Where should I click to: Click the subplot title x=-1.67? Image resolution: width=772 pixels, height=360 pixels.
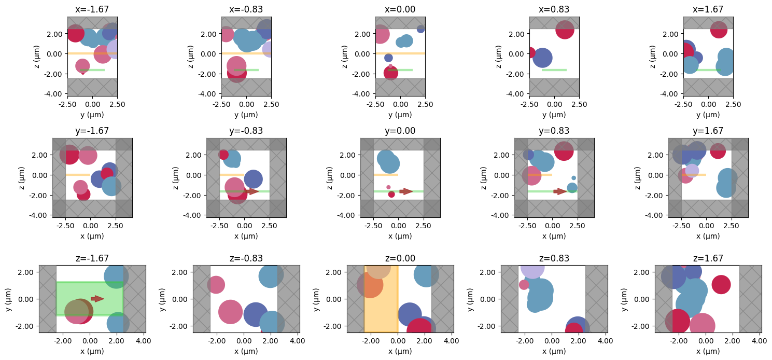pyautogui.click(x=92, y=9)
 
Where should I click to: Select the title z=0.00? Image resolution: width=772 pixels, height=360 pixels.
pyautogui.click(x=400, y=258)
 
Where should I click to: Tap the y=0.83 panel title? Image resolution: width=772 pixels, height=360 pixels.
pyautogui.click(x=554, y=131)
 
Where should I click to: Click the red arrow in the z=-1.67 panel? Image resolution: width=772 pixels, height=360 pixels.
pyautogui.click(x=97, y=298)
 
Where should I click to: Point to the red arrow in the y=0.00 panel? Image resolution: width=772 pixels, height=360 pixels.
pyautogui.click(x=406, y=191)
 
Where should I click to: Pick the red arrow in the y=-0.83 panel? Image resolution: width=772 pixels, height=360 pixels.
pyautogui.click(x=252, y=191)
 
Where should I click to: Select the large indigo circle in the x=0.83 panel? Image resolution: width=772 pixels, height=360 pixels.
pyautogui.click(x=542, y=58)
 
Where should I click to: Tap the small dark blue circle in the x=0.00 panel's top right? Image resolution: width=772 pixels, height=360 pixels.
pyautogui.click(x=420, y=29)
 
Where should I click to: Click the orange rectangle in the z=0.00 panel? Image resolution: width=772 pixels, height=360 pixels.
pyautogui.click(x=381, y=311)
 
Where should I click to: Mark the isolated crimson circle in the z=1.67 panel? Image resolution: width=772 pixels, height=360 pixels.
pyautogui.click(x=721, y=284)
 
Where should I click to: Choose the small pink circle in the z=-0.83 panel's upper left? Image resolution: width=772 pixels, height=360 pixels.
pyautogui.click(x=216, y=284)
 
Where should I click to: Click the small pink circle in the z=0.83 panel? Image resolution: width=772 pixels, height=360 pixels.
pyautogui.click(x=524, y=284)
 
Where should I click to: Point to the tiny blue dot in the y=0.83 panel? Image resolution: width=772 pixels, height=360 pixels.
pyautogui.click(x=573, y=178)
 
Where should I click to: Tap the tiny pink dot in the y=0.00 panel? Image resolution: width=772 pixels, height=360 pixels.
pyautogui.click(x=388, y=187)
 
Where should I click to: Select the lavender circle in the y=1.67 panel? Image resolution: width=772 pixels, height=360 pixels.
pyautogui.click(x=692, y=170)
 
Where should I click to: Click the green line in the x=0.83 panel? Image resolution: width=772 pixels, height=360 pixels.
pyautogui.click(x=554, y=70)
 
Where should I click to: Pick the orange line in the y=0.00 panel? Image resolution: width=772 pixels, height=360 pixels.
pyautogui.click(x=386, y=175)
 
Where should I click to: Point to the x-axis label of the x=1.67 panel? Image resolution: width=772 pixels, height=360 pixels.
pyautogui.click(x=708, y=115)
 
